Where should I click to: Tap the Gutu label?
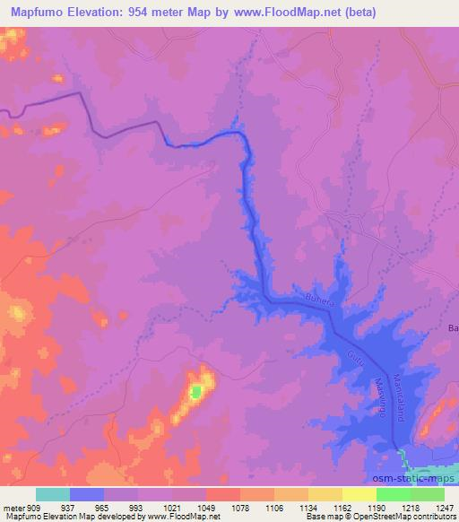coord(349,361)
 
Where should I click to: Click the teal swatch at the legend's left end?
coord(52,494)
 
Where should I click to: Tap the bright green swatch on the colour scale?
coord(393,494)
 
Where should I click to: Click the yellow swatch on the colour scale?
coord(325,494)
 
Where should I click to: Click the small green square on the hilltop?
coord(196,391)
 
